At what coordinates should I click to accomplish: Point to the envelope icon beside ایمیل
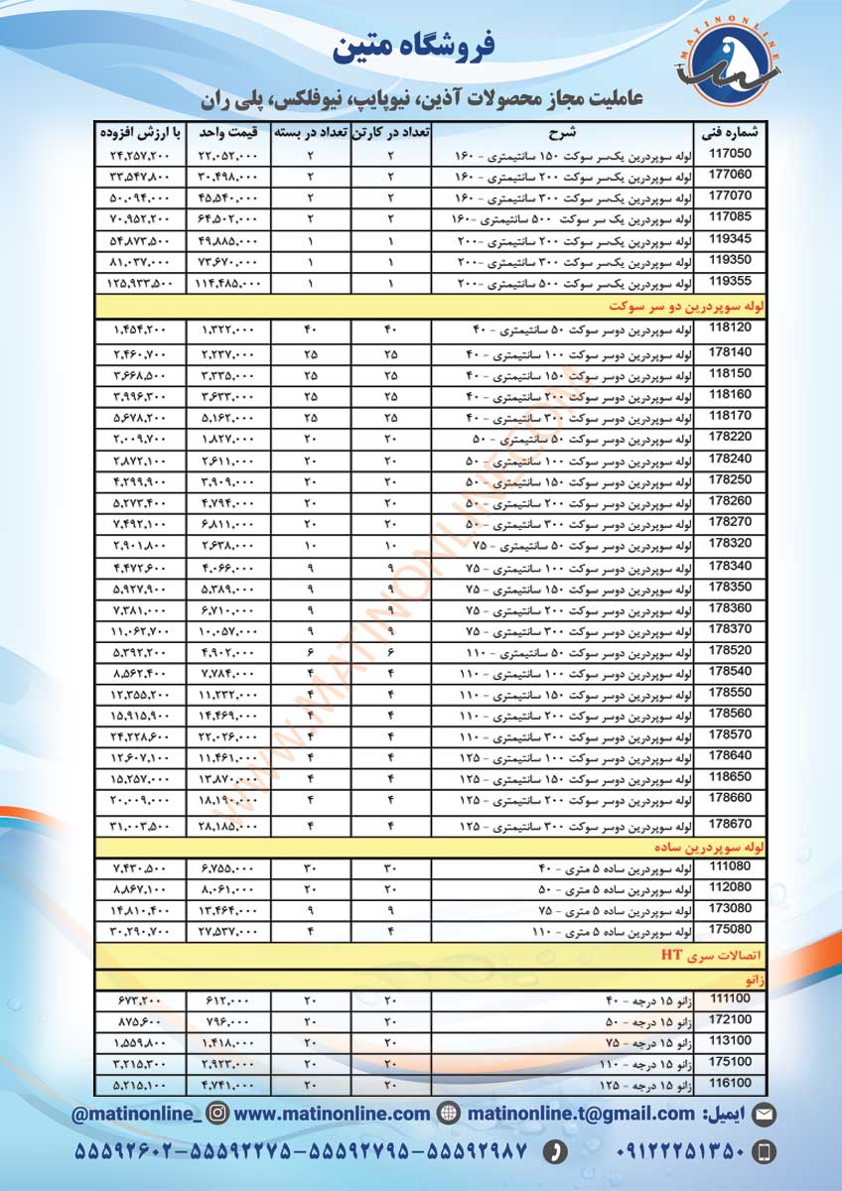pos(764,1115)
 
